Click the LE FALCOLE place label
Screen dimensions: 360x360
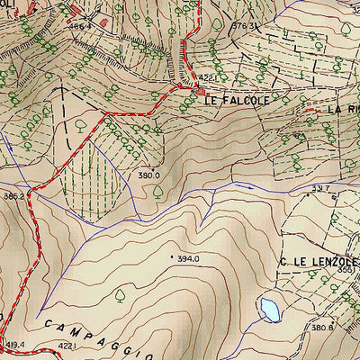[x=237, y=103]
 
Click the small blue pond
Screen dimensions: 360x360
[x=269, y=310]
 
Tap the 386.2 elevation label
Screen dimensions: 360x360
[x=13, y=195]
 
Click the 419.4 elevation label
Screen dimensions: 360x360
[x=16, y=345]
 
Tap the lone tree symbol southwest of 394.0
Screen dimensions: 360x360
[x=119, y=294]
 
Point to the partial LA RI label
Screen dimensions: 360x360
[x=342, y=108]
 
